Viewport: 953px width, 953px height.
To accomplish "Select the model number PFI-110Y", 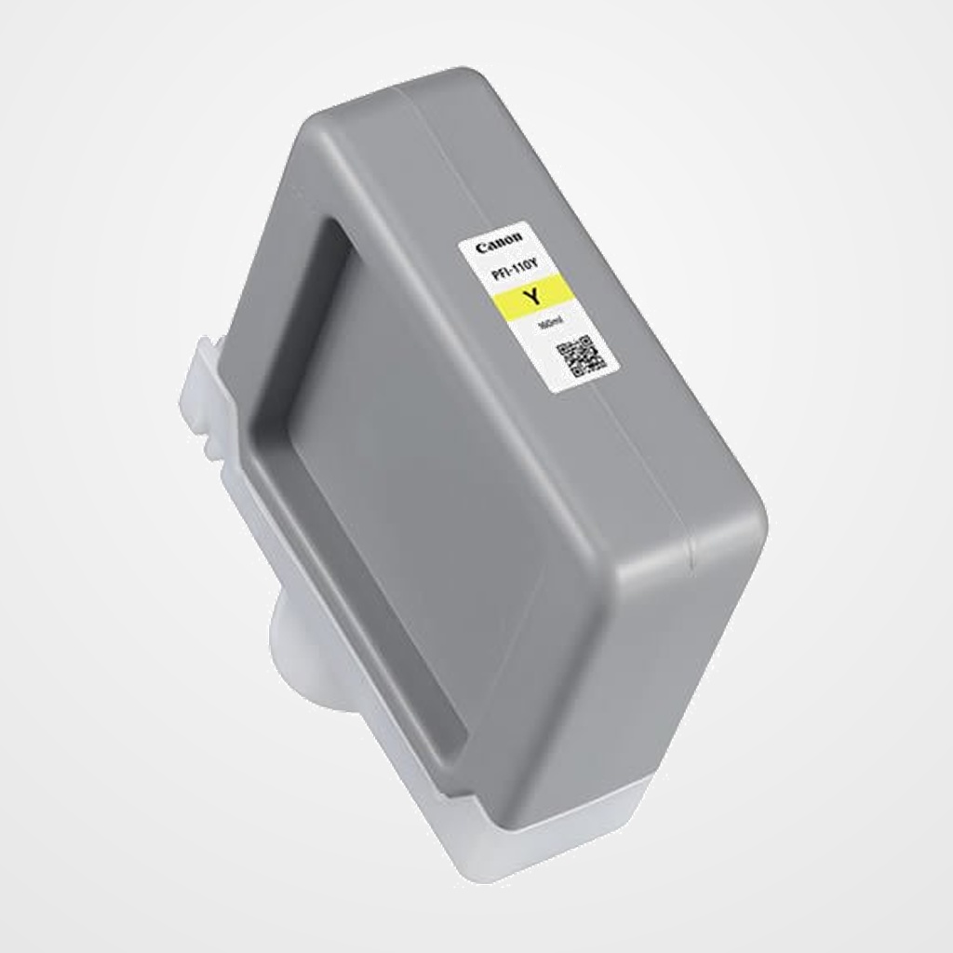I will tap(510, 272).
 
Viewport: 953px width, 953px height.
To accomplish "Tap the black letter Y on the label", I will tap(533, 297).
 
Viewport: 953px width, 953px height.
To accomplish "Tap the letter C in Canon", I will tap(481, 249).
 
